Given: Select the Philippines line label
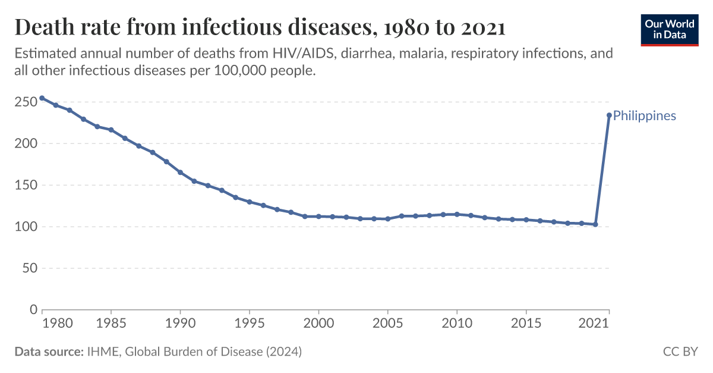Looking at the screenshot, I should click(644, 115).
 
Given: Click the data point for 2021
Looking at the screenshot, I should click(609, 115).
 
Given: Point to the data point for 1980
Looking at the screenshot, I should click(42, 98).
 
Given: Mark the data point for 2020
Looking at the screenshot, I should click(595, 224).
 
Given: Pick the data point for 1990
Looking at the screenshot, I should click(180, 173).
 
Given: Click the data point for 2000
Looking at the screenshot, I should click(318, 217).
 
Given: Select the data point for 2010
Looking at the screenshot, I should click(457, 214).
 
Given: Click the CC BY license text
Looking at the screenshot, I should click(680, 352).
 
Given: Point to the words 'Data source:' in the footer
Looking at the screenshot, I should click(48, 352).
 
